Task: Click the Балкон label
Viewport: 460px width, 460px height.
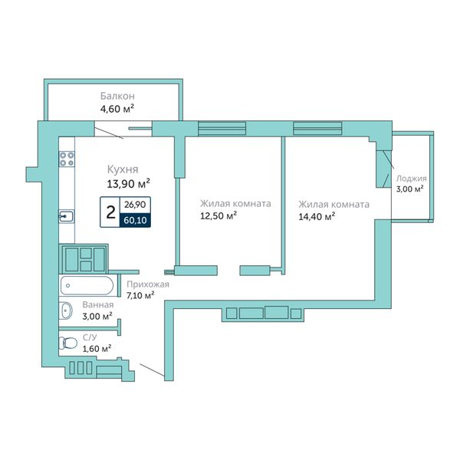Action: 117,96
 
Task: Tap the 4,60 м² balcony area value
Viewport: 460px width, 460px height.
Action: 117,109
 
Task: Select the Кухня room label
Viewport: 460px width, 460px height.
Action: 123,169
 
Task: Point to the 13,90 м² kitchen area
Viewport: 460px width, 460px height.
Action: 129,184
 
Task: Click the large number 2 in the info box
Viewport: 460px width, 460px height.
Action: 110,212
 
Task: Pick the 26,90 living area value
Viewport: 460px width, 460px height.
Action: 135,205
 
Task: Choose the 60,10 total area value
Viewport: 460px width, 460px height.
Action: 135,220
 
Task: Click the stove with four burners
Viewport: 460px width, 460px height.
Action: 67,159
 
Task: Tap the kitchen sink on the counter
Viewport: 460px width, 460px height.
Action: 66,216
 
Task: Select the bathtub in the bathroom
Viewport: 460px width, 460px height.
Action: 87,285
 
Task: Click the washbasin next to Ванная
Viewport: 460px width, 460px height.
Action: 66,310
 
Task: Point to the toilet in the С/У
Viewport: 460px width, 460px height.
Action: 67,343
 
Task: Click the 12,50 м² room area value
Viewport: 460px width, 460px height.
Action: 219,216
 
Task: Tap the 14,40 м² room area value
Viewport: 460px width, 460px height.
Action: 317,216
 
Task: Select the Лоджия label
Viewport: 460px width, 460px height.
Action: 411,179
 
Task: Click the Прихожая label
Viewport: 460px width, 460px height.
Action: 148,284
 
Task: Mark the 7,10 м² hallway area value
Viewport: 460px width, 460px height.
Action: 140,295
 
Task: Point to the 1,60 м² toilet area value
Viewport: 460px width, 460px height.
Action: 97,349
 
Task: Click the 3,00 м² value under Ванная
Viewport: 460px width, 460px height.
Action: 97,316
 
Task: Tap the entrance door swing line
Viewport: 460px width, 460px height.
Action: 152,370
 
